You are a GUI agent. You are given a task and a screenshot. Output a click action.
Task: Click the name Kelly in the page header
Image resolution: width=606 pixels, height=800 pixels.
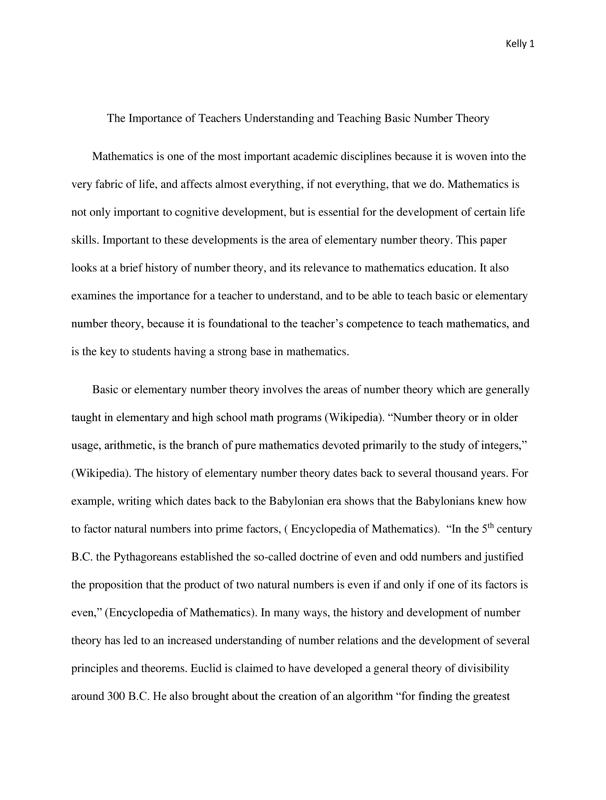[517, 42]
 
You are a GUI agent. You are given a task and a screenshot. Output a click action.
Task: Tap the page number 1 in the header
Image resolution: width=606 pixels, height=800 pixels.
[532, 42]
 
